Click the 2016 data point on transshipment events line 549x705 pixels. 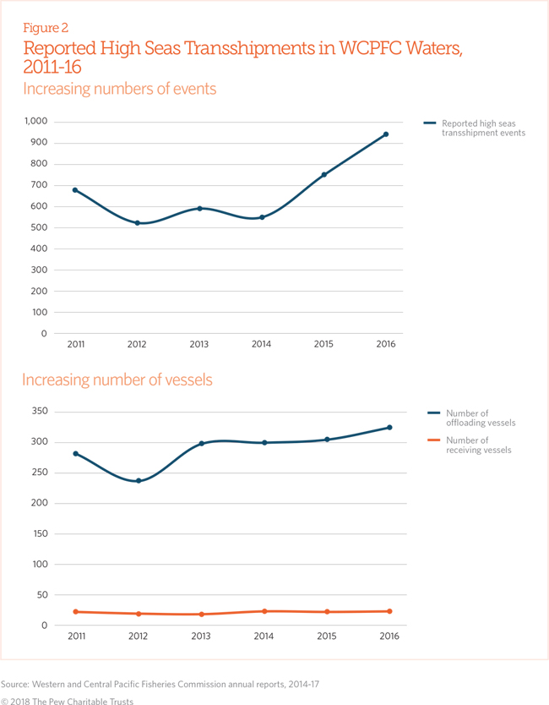tap(385, 134)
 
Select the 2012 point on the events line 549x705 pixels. tap(138, 223)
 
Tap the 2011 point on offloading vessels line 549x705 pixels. tap(75, 454)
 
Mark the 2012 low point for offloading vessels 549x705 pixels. tap(139, 481)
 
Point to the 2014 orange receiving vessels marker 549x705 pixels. tap(264, 611)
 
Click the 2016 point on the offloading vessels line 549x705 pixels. tap(389, 427)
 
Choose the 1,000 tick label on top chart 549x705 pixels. tap(36, 121)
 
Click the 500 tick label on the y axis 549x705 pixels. tap(39, 227)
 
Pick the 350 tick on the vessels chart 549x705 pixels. tap(40, 411)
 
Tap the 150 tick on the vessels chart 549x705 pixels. tap(40, 533)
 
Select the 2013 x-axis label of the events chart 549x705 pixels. tap(199, 344)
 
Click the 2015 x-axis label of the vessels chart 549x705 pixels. tap(327, 637)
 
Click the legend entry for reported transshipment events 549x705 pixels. tap(475, 128)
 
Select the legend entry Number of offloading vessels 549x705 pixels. tap(472, 418)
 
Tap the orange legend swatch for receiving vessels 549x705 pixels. tap(433, 440)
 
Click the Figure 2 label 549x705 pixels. tap(46, 28)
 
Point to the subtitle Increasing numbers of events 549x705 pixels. tap(119, 89)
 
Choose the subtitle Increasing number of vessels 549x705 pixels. tap(117, 380)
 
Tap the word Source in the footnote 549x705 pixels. tap(15, 685)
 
